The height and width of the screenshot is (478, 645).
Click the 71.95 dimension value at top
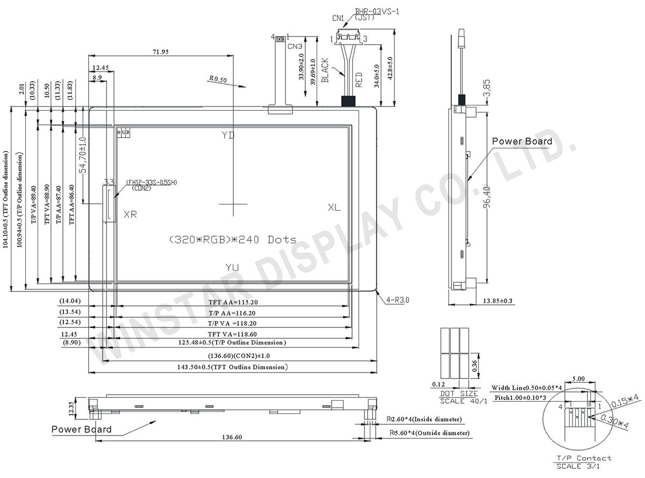pyautogui.click(x=161, y=52)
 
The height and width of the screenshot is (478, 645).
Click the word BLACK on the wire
pyautogui.click(x=325, y=70)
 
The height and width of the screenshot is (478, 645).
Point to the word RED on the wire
pyautogui.click(x=359, y=80)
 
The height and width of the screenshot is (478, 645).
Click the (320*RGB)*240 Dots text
pyautogui.click(x=232, y=240)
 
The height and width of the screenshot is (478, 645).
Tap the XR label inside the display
pyautogui.click(x=130, y=215)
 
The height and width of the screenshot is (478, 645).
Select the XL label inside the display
pyautogui.click(x=334, y=208)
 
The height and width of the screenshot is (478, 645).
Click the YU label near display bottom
pyautogui.click(x=232, y=267)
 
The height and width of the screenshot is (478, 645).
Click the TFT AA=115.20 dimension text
pyautogui.click(x=233, y=302)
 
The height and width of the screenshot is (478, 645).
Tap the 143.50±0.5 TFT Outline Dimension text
pyautogui.click(x=233, y=367)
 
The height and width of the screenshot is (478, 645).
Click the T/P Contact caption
pyautogui.click(x=584, y=458)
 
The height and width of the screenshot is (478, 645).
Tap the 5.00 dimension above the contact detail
pyautogui.click(x=578, y=379)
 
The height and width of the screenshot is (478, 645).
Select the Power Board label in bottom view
pyautogui.click(x=82, y=429)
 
